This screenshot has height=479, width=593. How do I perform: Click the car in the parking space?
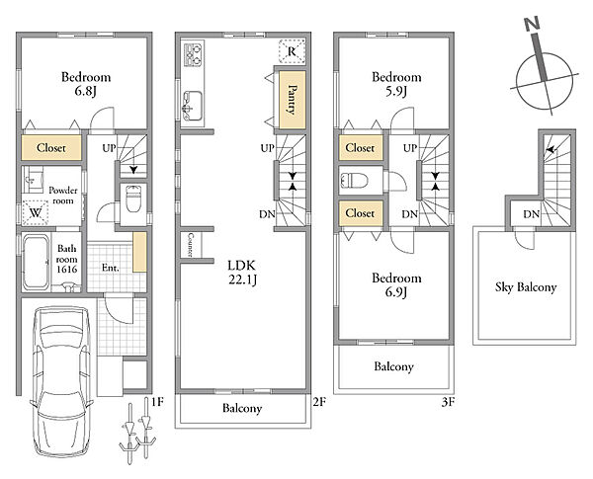click(x=61, y=381)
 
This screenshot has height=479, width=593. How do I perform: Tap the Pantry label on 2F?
click(x=292, y=99)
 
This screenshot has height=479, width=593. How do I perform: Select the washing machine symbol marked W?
click(x=36, y=212)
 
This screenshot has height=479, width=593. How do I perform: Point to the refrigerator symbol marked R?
click(x=292, y=51)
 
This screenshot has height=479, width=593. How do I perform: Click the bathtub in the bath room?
click(x=36, y=263)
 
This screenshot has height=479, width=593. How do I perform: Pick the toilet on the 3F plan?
click(x=355, y=180)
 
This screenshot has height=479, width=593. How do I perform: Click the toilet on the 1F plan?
click(x=132, y=198)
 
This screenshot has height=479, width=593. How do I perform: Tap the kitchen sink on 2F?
click(x=192, y=106)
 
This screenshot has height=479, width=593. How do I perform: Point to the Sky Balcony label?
click(x=526, y=287)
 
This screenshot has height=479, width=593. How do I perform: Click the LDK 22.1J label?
click(x=242, y=273)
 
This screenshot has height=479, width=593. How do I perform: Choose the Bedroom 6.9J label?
click(x=396, y=284)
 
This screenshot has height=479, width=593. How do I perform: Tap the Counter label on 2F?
click(x=190, y=245)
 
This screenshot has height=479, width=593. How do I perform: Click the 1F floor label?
click(x=157, y=402)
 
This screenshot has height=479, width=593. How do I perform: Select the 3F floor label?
click(x=448, y=402)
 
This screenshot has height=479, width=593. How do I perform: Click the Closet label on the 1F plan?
click(x=51, y=148)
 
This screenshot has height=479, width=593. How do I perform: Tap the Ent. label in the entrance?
click(x=111, y=268)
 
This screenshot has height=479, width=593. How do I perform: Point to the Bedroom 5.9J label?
click(x=396, y=84)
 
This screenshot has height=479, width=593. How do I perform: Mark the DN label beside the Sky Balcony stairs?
click(x=532, y=214)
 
